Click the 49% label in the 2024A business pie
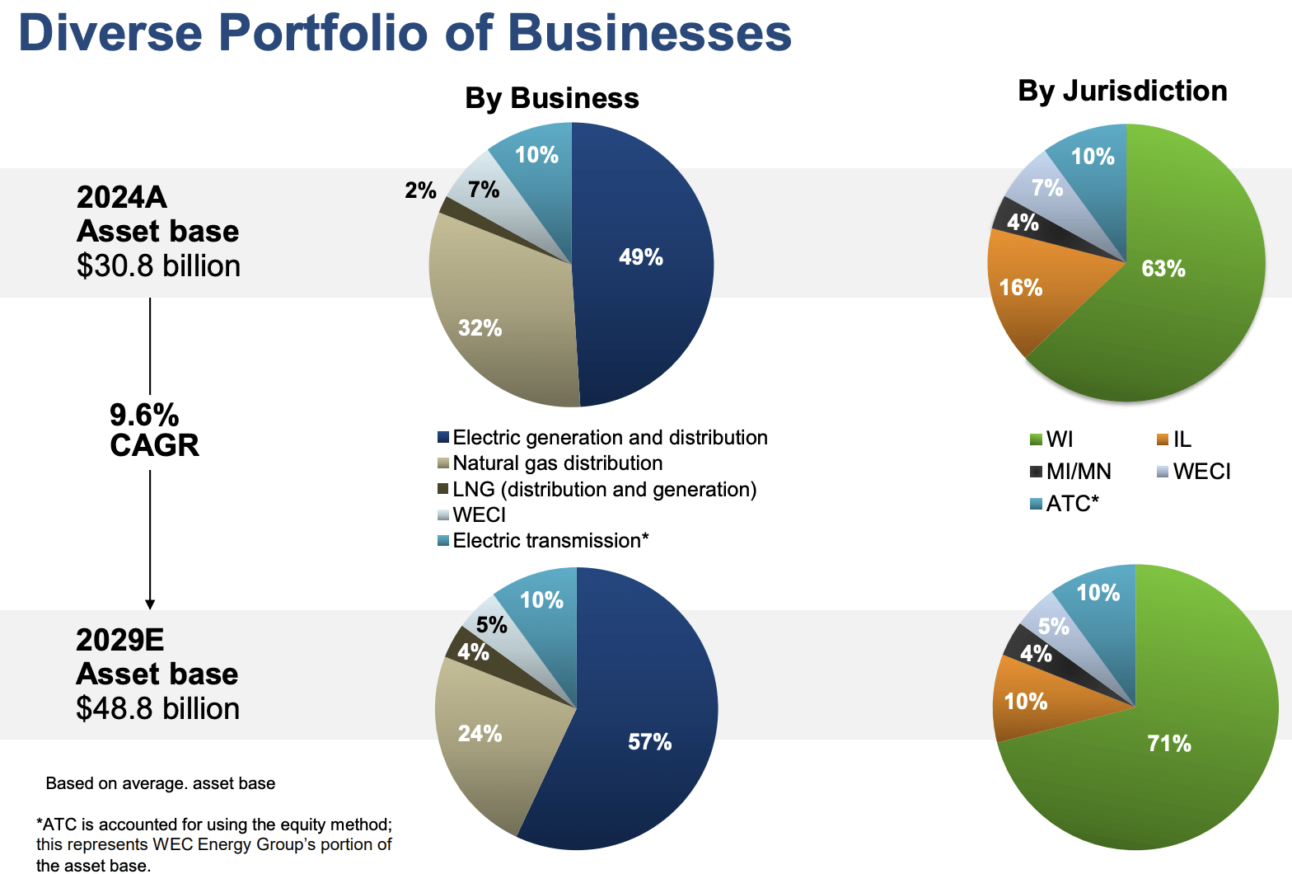click(640, 257)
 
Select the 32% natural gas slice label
click(480, 328)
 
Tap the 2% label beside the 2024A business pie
click(420, 190)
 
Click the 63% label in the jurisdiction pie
click(1163, 269)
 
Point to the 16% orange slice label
click(1020, 288)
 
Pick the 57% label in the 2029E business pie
click(649, 742)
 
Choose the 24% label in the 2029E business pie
click(480, 733)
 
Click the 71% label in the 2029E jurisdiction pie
click(1168, 744)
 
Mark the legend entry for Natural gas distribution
click(557, 463)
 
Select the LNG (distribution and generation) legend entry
click(604, 490)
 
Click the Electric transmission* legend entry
click(550, 541)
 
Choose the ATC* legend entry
click(1072, 504)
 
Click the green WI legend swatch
click(1037, 439)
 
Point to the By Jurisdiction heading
click(1122, 91)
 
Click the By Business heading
click(551, 98)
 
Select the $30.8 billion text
click(158, 266)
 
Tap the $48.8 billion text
click(157, 709)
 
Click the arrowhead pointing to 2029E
click(150, 604)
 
